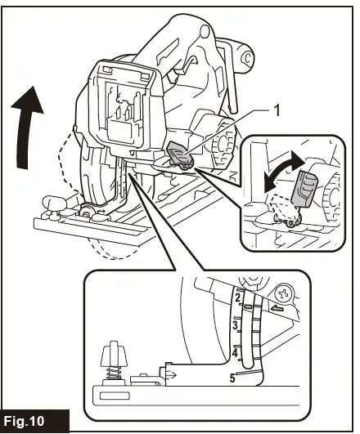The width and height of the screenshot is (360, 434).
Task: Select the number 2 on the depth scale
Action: point(237,299)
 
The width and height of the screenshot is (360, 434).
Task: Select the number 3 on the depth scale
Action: point(236,326)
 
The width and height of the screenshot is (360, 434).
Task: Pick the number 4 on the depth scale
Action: point(236,353)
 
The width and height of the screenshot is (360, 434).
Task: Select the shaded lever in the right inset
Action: point(304,187)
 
